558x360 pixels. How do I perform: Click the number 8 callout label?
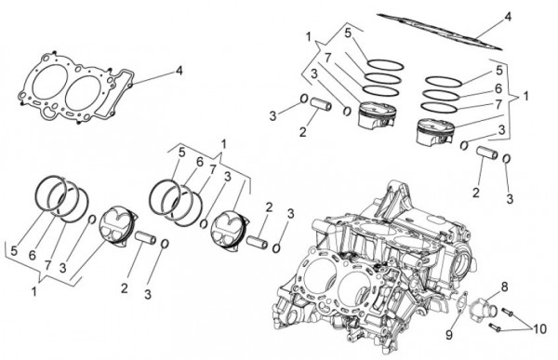pos(504,286)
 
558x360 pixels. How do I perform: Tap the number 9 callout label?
pos(449,335)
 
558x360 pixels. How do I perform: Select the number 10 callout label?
pos(539,329)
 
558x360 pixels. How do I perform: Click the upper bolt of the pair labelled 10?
pos(507,313)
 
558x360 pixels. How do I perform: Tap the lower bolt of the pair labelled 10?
pos(495,327)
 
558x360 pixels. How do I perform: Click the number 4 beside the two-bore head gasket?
pos(179,71)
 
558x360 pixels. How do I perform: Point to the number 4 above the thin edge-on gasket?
pos(508,17)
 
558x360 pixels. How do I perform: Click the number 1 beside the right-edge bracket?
pos(525,96)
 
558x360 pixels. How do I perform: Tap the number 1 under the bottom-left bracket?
pos(33,292)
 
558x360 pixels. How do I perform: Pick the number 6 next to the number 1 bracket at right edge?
pos(498,88)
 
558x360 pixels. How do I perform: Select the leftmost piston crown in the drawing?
pos(116,227)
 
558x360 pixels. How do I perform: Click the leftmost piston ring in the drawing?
pos(50,194)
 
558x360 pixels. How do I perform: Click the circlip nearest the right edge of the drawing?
pos(507,159)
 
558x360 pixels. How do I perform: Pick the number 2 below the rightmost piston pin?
pos(476,193)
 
